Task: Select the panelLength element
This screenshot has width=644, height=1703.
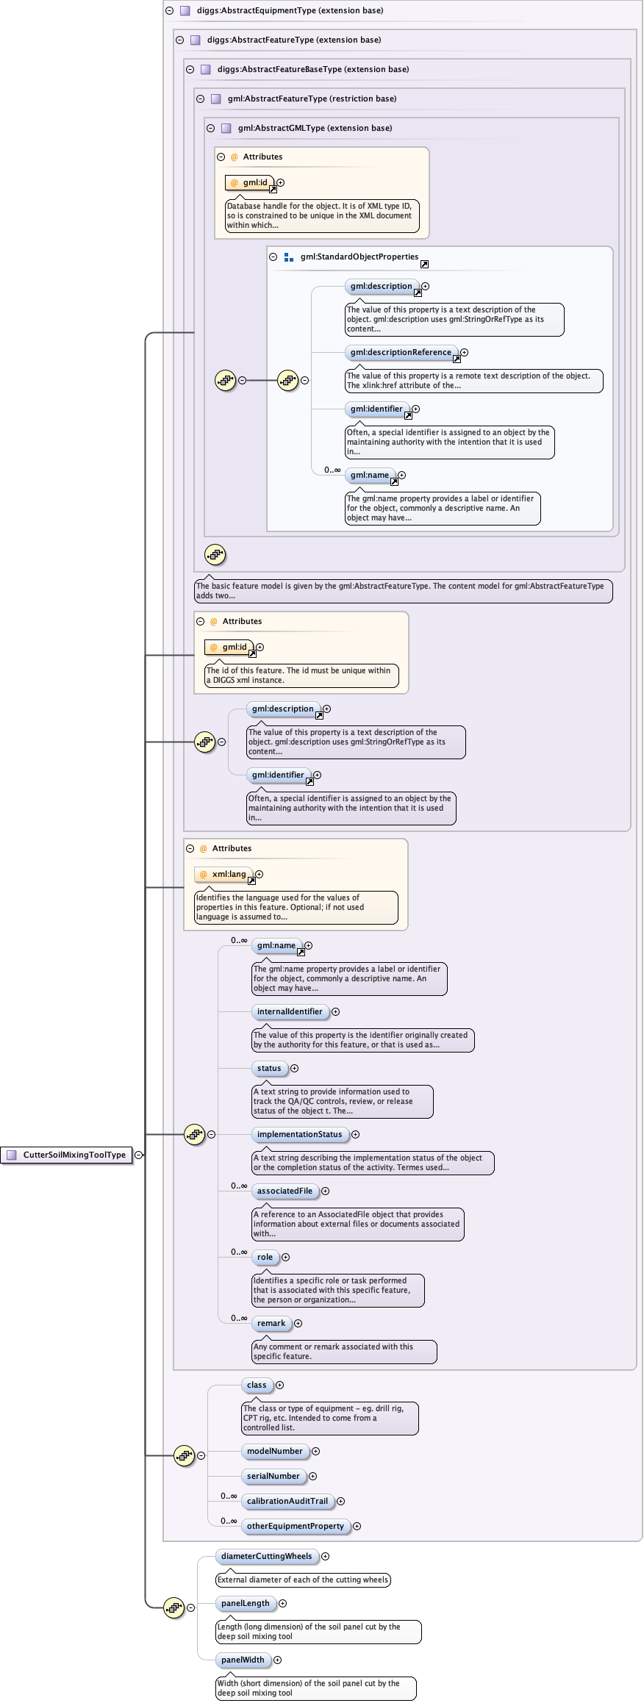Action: coord(246,1603)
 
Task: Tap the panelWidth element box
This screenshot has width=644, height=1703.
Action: coord(243,1660)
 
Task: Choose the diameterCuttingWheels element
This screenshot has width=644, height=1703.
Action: coord(266,1556)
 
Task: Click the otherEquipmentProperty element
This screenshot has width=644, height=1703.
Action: coord(295,1526)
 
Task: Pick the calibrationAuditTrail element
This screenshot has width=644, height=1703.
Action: coord(287,1501)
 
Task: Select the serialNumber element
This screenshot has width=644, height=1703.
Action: coord(273,1476)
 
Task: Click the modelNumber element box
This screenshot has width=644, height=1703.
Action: coord(274,1451)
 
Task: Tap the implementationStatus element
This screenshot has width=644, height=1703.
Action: coord(299,1134)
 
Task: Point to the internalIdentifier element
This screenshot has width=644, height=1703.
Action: coord(290,1011)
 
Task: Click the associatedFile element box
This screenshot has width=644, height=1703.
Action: coord(285,1191)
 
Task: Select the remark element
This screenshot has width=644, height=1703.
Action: coord(271,1323)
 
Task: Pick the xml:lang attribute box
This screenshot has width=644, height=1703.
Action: coord(224,874)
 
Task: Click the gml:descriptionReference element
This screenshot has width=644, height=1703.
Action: coord(401,352)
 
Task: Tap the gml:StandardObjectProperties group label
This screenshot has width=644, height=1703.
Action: coord(359,257)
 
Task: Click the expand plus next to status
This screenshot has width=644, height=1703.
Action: coord(294,1068)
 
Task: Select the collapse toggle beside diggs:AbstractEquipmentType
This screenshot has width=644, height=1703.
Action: coord(169,10)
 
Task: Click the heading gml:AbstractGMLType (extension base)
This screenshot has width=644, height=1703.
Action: coord(315,128)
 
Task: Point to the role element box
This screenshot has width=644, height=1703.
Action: coord(265,1257)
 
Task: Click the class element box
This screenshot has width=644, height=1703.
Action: coord(257,1385)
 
